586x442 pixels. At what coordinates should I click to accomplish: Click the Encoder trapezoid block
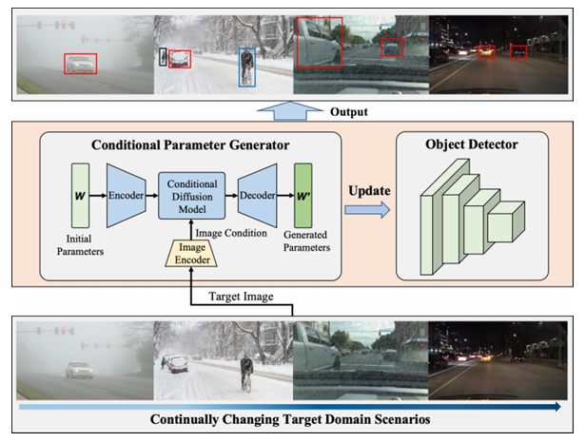click(x=127, y=194)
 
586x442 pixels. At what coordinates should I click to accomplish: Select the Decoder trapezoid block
click(x=256, y=194)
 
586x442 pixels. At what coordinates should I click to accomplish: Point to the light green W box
click(x=80, y=194)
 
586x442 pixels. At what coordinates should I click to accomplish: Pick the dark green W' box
click(x=303, y=194)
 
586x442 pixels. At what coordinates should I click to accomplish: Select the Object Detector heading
click(x=471, y=145)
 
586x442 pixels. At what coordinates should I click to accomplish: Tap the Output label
click(x=348, y=112)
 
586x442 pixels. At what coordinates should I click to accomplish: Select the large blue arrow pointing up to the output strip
click(x=304, y=112)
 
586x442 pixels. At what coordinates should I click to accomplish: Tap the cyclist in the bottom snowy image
click(x=246, y=370)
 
